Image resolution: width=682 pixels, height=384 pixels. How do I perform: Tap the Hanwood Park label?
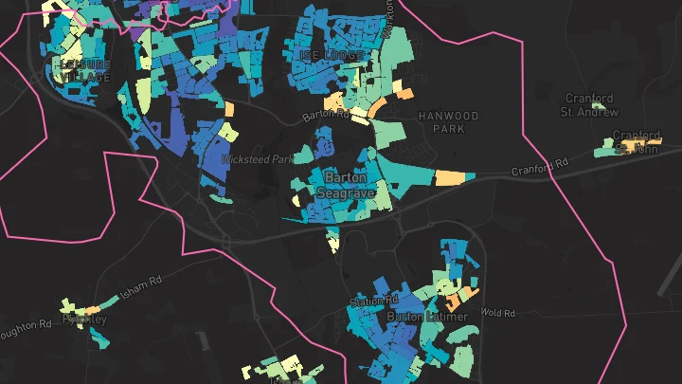448,121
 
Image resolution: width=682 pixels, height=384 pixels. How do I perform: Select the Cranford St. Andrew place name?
589,104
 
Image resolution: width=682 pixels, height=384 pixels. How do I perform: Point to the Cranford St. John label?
636,141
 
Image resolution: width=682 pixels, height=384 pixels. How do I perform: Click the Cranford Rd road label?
539,169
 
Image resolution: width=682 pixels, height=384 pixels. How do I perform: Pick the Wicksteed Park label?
258,159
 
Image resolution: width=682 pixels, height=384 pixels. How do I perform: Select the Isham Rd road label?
141,282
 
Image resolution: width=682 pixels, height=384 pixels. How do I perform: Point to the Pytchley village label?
84,319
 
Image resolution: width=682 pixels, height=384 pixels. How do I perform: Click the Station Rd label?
370,302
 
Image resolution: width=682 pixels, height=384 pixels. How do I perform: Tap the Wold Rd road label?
497,312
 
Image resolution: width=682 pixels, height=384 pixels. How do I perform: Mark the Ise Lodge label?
332,55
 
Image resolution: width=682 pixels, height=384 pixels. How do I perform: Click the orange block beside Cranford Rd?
454,177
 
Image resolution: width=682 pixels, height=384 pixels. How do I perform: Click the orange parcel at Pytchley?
92,309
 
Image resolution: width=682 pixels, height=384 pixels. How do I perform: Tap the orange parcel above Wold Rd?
454,303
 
